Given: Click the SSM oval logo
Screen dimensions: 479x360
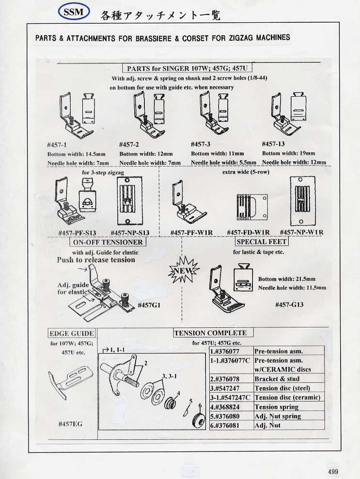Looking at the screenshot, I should (73, 12).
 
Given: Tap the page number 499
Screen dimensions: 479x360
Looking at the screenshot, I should (333, 471).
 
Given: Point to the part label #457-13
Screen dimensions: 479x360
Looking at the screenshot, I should (273, 144).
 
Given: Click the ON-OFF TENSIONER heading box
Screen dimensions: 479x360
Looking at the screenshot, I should (108, 242).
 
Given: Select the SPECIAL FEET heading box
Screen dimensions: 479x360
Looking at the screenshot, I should (262, 241).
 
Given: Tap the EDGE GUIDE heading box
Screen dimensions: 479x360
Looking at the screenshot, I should (72, 333).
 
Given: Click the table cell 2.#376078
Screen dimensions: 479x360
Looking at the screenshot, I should (231, 379).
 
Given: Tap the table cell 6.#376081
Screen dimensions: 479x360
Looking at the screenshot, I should (231, 426).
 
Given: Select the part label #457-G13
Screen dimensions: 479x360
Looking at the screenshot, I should (289, 304).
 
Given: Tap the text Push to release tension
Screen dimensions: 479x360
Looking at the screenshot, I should (96, 260).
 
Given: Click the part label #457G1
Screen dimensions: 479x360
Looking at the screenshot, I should (149, 305).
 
